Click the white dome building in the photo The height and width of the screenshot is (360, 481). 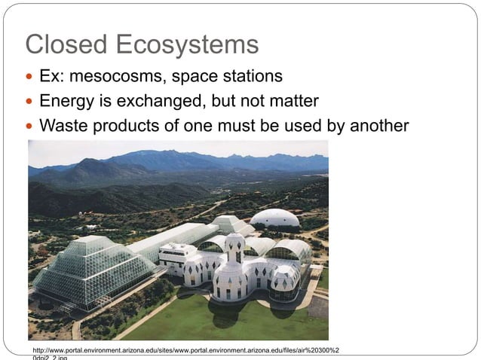(274, 218)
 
